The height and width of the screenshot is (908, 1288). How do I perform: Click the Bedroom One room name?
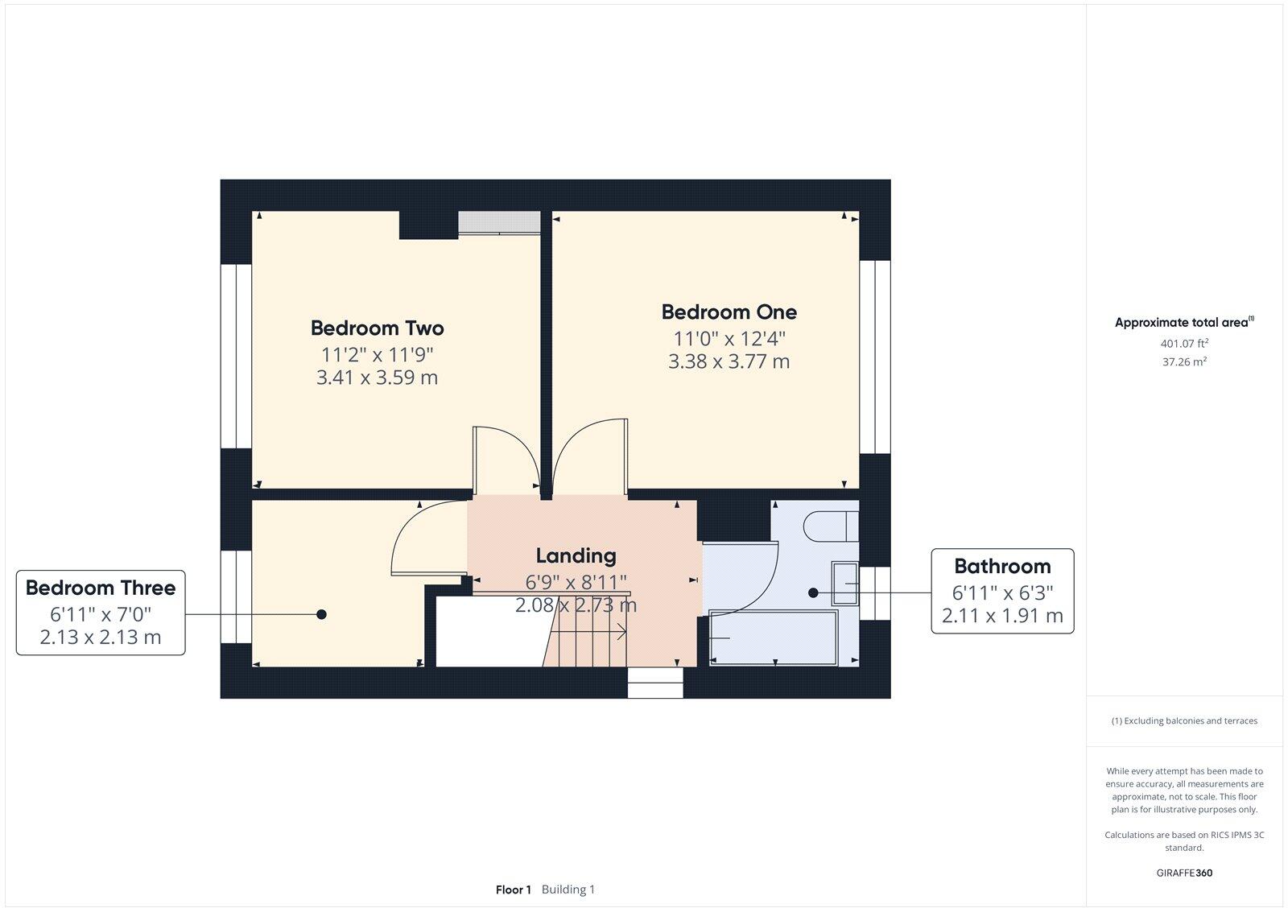pyautogui.click(x=729, y=312)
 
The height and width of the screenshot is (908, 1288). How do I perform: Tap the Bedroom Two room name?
pyautogui.click(x=377, y=328)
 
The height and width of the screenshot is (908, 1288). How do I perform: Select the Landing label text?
pyautogui.click(x=576, y=555)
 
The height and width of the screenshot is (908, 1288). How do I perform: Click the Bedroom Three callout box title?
pyautogui.click(x=101, y=588)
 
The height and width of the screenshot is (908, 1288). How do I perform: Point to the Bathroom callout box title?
pyautogui.click(x=1002, y=566)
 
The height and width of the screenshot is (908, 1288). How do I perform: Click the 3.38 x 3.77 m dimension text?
pyautogui.click(x=729, y=361)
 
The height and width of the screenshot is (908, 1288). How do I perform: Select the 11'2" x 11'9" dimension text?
pyautogui.click(x=377, y=354)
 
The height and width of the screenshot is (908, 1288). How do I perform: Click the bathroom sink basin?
pyautogui.click(x=844, y=584)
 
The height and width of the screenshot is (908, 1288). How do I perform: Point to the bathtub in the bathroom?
pyautogui.click(x=773, y=638)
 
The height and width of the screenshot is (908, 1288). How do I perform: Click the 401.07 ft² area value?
pyautogui.click(x=1184, y=343)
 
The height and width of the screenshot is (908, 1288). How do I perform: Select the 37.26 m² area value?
pyautogui.click(x=1184, y=361)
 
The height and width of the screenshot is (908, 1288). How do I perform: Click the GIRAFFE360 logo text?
pyautogui.click(x=1184, y=873)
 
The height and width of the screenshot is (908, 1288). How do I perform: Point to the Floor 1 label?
pyautogui.click(x=513, y=889)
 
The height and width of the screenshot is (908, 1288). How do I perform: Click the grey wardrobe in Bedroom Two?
pyautogui.click(x=499, y=223)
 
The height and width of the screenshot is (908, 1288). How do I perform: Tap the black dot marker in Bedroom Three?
pyautogui.click(x=321, y=614)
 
